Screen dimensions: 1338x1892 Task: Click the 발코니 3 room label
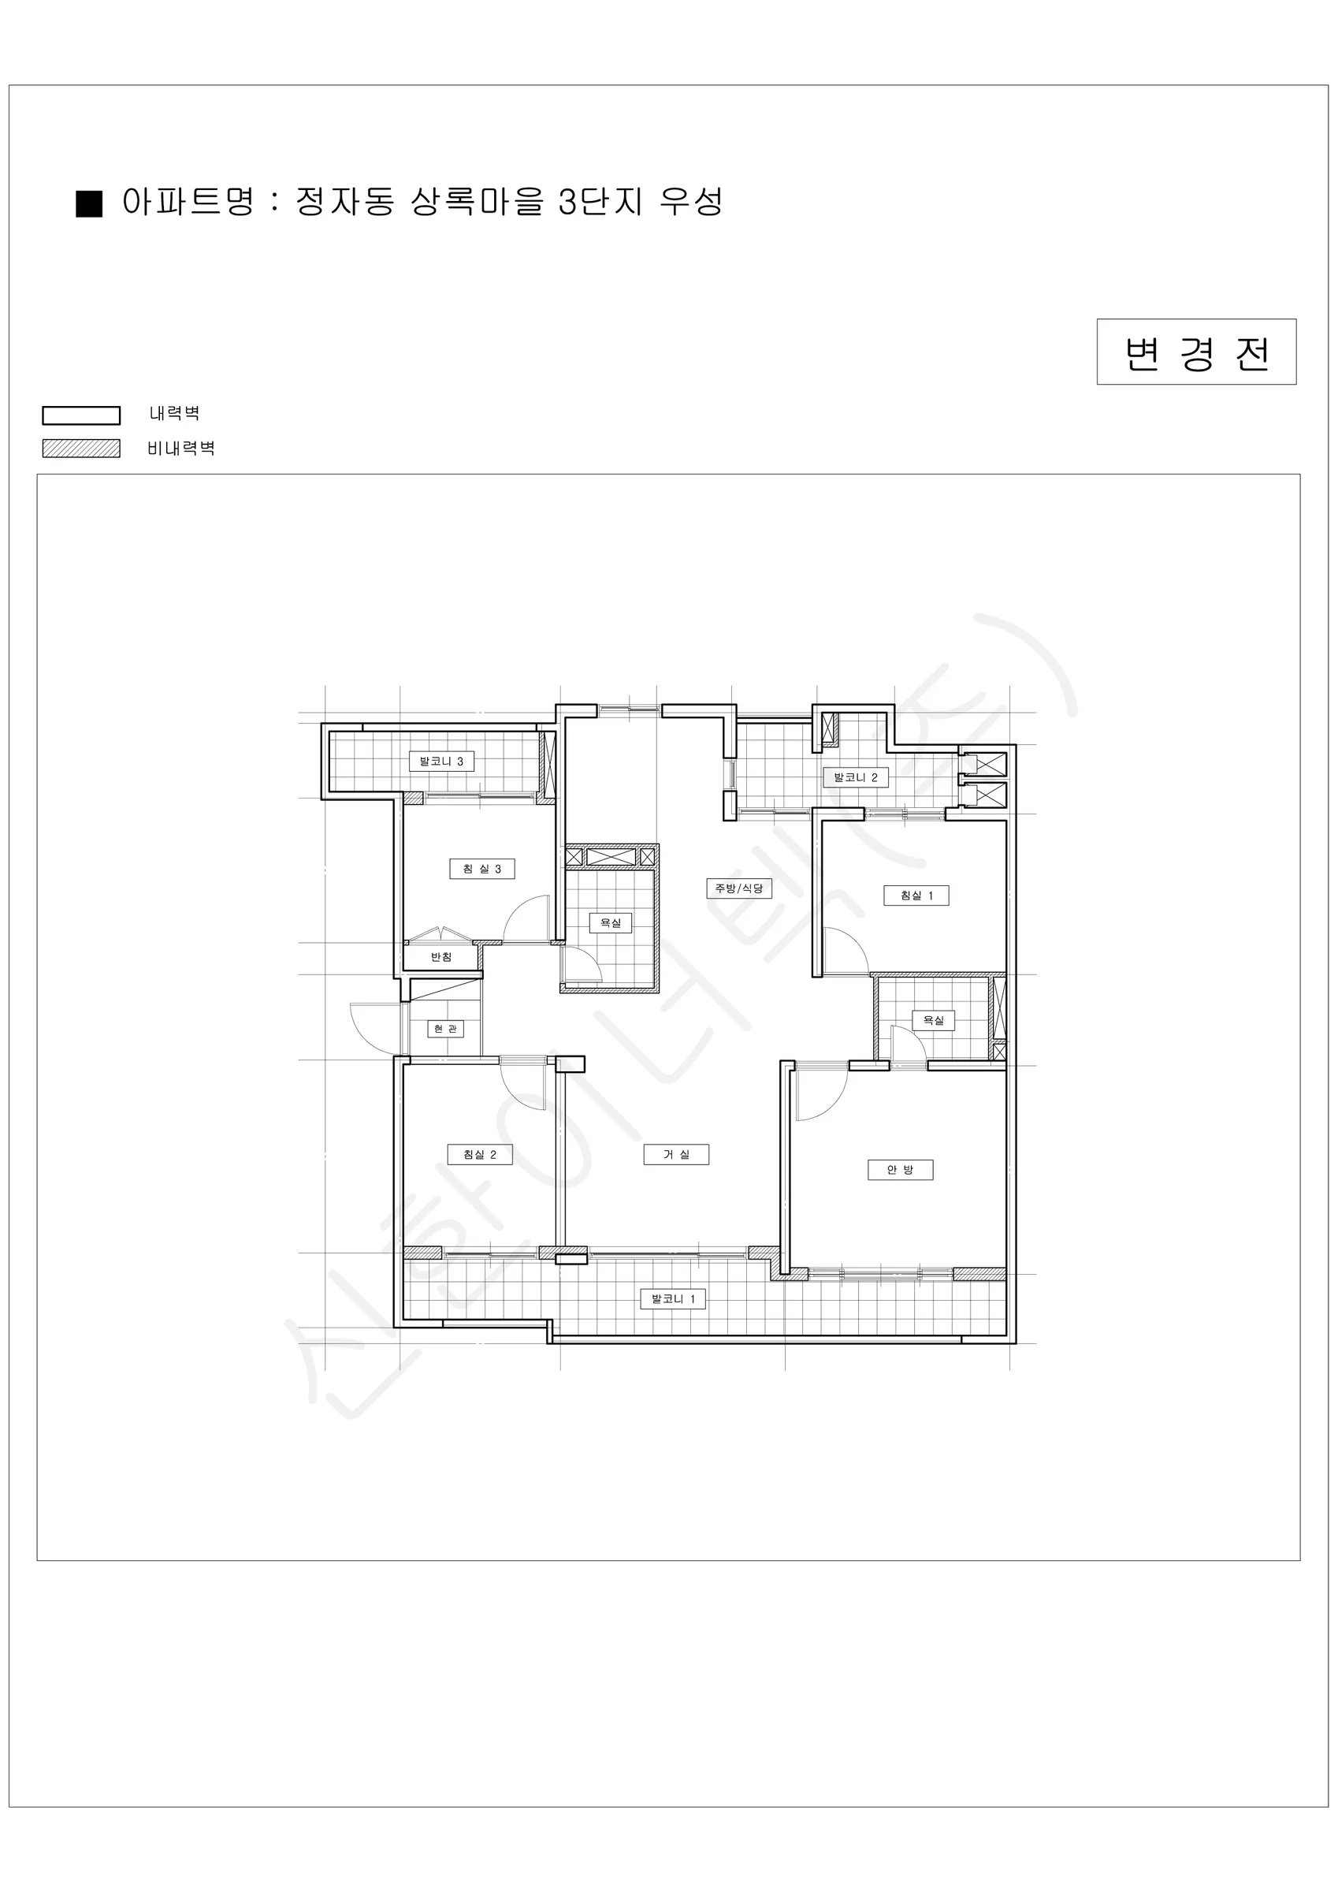(x=441, y=762)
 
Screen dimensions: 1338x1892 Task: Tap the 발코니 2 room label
(x=856, y=777)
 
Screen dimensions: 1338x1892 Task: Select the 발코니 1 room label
(x=673, y=1298)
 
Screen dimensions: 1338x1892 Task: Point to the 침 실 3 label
(x=482, y=869)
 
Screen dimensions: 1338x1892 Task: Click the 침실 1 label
(x=916, y=895)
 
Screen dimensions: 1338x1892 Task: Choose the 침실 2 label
(x=480, y=1154)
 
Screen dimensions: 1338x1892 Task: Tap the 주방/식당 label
(x=739, y=888)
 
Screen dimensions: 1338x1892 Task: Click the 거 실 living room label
(x=676, y=1154)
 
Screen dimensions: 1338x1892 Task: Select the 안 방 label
(x=901, y=1169)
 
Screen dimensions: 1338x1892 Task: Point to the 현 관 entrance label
(x=445, y=1029)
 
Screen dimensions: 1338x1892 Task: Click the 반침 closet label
(x=441, y=957)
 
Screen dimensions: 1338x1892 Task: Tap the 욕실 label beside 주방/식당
(x=611, y=923)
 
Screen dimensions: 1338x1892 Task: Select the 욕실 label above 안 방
(x=934, y=1020)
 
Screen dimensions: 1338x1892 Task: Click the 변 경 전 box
(x=1196, y=352)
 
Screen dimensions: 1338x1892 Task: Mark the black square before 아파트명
(x=89, y=203)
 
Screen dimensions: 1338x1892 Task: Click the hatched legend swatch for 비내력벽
(x=82, y=449)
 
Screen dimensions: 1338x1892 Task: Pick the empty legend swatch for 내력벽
(x=82, y=415)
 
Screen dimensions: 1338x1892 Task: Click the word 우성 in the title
(x=691, y=202)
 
